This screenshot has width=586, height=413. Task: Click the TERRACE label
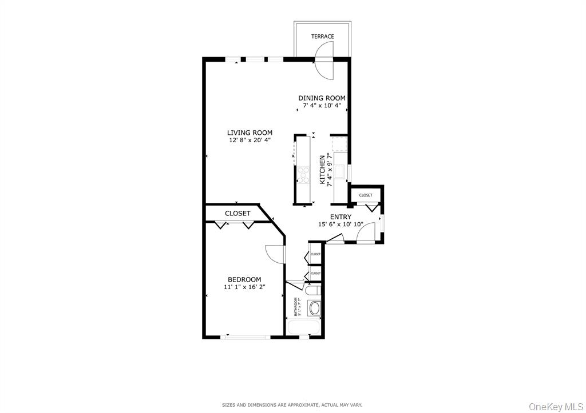[x=322, y=37]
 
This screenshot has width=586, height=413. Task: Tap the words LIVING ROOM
[x=250, y=133]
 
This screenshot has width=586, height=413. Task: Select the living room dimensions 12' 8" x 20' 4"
[x=250, y=141]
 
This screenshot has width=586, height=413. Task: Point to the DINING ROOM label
[x=322, y=98]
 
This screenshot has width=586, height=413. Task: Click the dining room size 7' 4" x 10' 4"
[x=322, y=106]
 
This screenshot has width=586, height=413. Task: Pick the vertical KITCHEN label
[x=322, y=170]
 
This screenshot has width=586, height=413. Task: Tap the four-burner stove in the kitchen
[x=303, y=174]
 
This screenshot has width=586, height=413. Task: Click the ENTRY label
[x=340, y=217]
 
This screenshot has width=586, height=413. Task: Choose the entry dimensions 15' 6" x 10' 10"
[x=340, y=224]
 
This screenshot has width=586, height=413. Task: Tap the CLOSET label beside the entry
[x=366, y=195]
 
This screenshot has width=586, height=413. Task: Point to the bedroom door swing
[x=275, y=254]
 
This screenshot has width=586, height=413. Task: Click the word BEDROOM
[x=244, y=280]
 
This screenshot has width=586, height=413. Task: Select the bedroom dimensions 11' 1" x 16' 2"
[x=244, y=287]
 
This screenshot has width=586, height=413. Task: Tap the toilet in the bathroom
[x=312, y=291]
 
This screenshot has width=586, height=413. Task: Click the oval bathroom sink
[x=314, y=308]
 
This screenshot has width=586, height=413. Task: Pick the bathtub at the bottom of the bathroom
[x=303, y=327]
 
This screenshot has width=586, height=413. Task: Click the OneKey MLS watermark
[x=556, y=406]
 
